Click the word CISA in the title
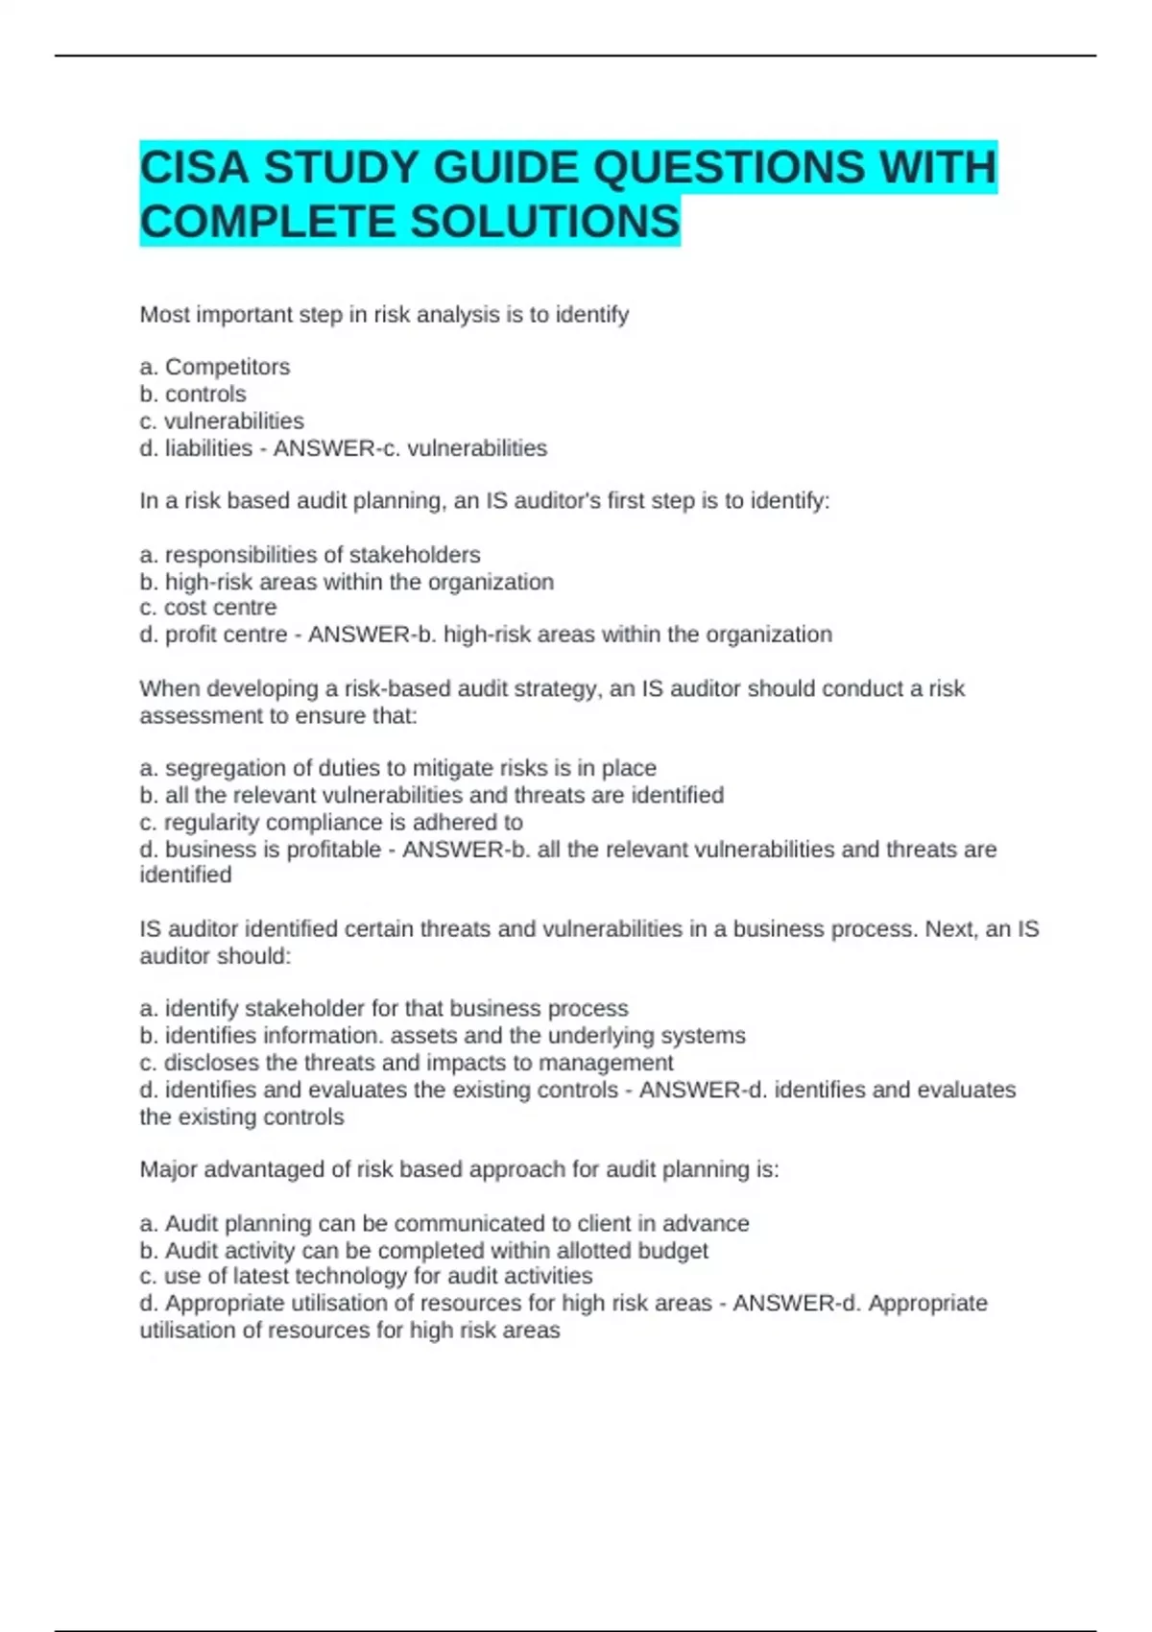[x=195, y=168]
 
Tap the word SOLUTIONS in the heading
[x=545, y=222]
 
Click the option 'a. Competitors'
[x=214, y=367]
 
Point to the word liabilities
[x=208, y=448]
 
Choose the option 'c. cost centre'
[x=207, y=608]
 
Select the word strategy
[x=552, y=688]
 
